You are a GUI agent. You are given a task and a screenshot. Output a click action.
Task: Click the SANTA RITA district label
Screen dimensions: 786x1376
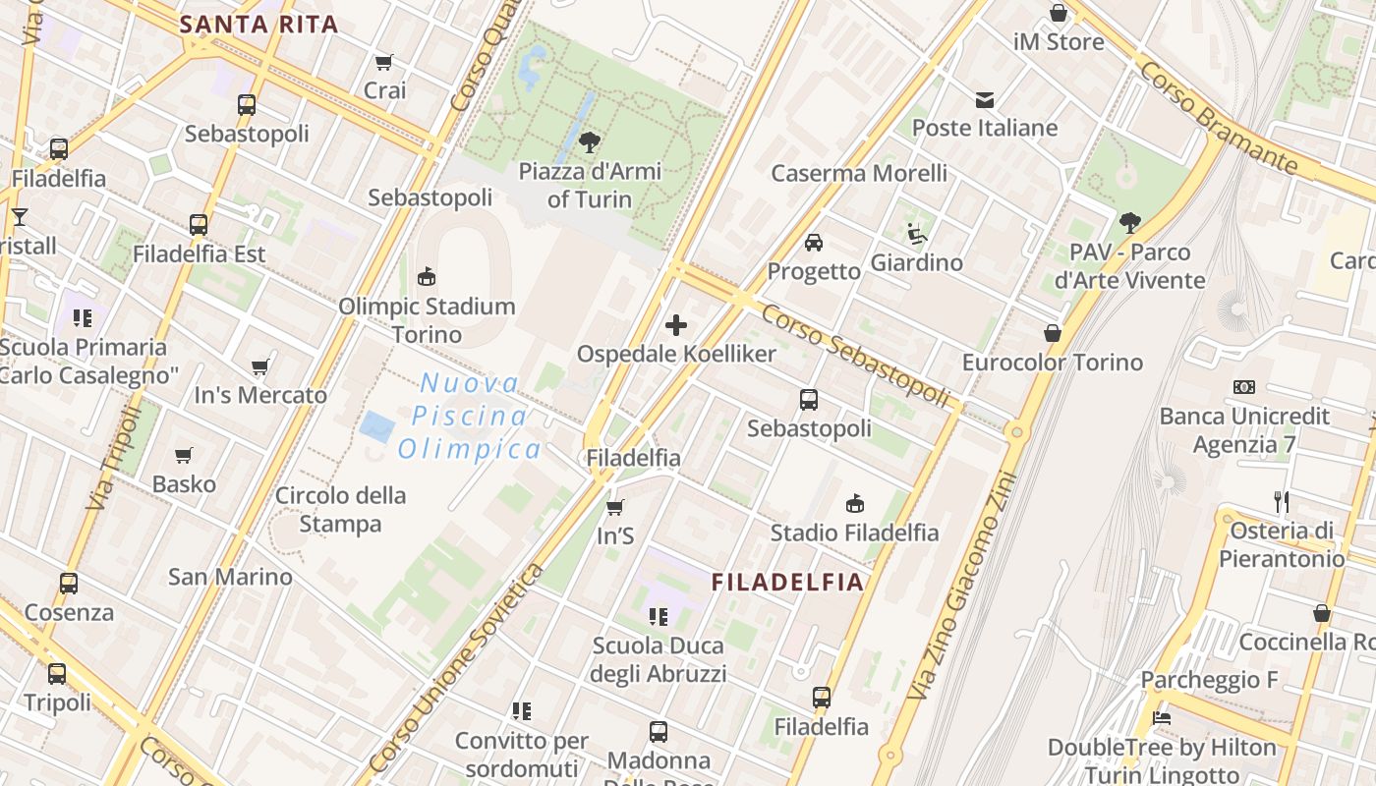pyautogui.click(x=259, y=25)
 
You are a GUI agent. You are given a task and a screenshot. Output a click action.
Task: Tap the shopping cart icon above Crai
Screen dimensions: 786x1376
pyautogui.click(x=384, y=62)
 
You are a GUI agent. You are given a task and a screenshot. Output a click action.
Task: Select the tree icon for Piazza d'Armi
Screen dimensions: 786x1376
pyautogui.click(x=590, y=142)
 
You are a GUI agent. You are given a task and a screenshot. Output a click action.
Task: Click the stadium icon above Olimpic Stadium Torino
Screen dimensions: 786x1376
pyautogui.click(x=427, y=277)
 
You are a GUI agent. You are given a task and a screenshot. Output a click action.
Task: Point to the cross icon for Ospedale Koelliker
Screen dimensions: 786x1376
pyautogui.click(x=676, y=324)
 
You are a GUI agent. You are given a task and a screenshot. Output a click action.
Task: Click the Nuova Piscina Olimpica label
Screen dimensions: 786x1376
pyautogui.click(x=470, y=416)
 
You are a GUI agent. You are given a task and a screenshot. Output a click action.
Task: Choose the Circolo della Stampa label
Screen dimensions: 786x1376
pyautogui.click(x=340, y=509)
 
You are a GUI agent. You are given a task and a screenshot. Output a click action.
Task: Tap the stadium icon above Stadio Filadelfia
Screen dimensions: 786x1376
pyautogui.click(x=855, y=504)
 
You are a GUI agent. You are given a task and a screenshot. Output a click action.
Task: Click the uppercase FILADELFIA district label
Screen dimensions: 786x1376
pyautogui.click(x=787, y=582)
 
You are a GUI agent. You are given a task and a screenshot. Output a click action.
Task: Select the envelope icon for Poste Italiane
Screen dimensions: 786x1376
pyautogui.click(x=985, y=99)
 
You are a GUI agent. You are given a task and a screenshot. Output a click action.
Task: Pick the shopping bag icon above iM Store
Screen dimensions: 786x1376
pyautogui.click(x=1059, y=14)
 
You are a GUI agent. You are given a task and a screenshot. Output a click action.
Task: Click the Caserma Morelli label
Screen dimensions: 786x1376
pyautogui.click(x=859, y=174)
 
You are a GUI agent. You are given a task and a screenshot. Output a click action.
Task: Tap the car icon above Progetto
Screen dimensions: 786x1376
pyautogui.click(x=814, y=242)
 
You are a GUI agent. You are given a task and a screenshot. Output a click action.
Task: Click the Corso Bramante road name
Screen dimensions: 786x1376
pyautogui.click(x=1218, y=115)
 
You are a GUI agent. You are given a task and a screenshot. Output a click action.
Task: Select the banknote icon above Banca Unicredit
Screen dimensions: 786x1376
pyautogui.click(x=1244, y=387)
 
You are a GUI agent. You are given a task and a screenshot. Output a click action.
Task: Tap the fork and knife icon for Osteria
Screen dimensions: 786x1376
pyautogui.click(x=1282, y=502)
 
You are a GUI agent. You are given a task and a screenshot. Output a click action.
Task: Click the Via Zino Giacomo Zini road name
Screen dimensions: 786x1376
pyautogui.click(x=959, y=587)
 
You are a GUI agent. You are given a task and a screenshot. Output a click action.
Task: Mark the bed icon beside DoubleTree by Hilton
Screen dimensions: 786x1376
pyautogui.click(x=1161, y=718)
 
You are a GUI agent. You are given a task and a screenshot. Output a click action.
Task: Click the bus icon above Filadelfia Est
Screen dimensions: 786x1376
pyautogui.click(x=199, y=225)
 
